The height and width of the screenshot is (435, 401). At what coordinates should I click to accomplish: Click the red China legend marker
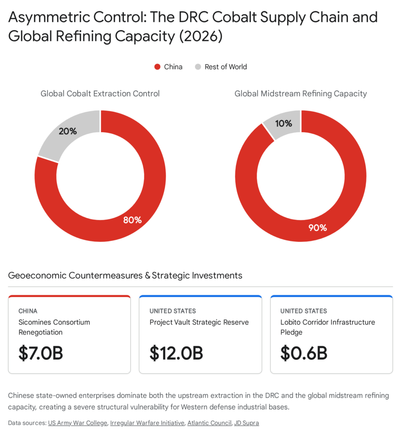click(157, 67)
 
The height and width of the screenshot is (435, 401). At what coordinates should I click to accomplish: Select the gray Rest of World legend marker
click(198, 67)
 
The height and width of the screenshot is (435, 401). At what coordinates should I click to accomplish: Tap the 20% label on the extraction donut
click(68, 131)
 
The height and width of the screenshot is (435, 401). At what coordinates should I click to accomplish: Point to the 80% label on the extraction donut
click(132, 220)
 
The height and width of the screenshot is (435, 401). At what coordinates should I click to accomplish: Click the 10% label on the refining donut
click(283, 123)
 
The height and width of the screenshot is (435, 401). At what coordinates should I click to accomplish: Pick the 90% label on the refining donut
click(317, 228)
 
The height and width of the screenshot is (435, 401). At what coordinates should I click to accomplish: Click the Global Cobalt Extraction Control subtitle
click(100, 93)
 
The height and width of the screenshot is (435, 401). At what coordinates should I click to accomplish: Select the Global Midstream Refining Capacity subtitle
click(300, 93)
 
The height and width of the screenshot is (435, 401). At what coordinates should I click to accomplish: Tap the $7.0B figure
click(41, 353)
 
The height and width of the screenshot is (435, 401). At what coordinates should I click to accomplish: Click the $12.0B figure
click(176, 353)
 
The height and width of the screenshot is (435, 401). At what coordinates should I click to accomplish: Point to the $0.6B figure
click(304, 353)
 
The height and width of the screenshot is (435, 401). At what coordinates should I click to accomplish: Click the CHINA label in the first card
click(28, 311)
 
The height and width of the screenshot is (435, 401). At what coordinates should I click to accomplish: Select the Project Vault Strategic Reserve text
click(199, 322)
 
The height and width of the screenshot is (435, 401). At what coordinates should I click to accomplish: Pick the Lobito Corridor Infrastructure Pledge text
click(328, 327)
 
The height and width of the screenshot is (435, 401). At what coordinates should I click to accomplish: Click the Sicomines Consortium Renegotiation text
click(54, 327)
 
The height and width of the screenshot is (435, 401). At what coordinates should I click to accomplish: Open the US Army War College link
click(78, 423)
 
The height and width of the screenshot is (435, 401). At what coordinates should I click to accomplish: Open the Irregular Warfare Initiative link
click(147, 423)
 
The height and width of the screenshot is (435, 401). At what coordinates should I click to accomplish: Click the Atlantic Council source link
click(209, 423)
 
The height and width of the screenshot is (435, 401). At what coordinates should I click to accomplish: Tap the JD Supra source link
click(247, 423)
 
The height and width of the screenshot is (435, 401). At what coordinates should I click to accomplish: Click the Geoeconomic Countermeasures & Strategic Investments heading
click(125, 275)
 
